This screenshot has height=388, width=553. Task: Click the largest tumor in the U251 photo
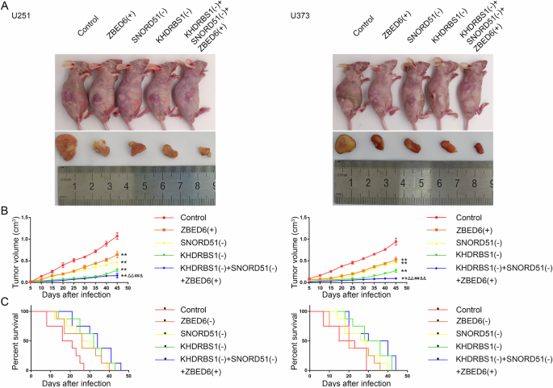67,146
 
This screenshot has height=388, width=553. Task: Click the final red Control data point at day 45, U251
117,236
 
